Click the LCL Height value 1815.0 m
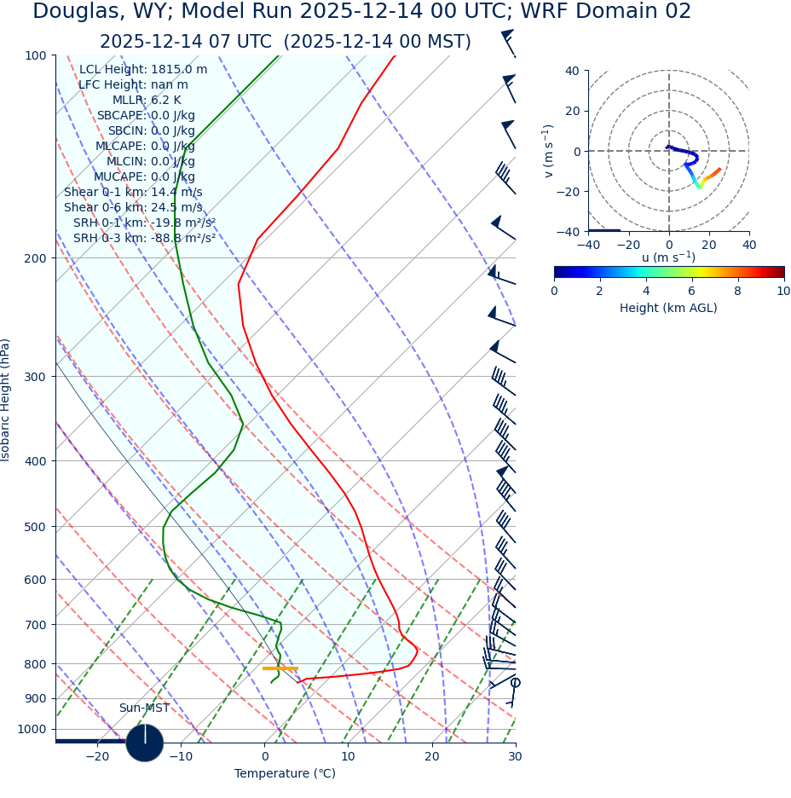pos(179,69)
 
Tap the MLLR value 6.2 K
pos(165,100)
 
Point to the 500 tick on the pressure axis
pos(35,527)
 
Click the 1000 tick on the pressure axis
pos(32,729)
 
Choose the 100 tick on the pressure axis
pos(35,55)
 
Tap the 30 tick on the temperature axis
pos(515,756)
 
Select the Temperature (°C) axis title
pos(285,773)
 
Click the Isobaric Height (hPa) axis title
pos(6,400)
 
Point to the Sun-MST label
pos(144,708)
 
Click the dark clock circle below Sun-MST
pos(145,743)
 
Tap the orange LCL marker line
pos(280,668)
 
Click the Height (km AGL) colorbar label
pos(668,308)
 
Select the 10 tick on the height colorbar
pos(783,291)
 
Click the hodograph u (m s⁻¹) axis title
pos(668,257)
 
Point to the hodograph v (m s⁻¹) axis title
pos(549,151)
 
